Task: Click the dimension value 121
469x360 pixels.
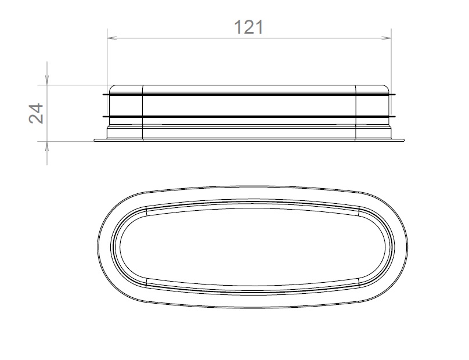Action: coord(248,27)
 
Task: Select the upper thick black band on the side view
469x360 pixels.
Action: coord(250,95)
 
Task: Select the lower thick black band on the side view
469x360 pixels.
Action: coord(250,117)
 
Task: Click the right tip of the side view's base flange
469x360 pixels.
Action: coord(405,139)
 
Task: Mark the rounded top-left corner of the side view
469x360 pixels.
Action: coord(113,87)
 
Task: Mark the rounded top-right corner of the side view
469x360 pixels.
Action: coord(387,87)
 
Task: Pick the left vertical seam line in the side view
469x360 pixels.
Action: coord(143,113)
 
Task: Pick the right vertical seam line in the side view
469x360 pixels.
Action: coord(356,113)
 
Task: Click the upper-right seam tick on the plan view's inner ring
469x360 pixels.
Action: coord(359,210)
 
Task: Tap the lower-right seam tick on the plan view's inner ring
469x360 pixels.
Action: coord(359,280)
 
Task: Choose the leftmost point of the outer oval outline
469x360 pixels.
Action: coord(98,245)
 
